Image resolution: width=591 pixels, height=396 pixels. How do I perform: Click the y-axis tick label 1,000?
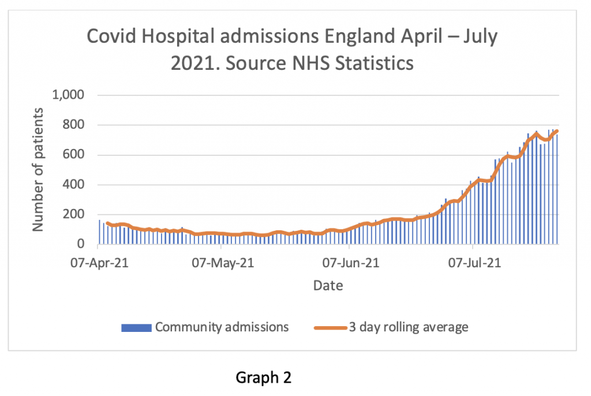pyautogui.click(x=68, y=95)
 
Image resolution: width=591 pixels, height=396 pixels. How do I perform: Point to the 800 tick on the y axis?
pyautogui.click(x=73, y=125)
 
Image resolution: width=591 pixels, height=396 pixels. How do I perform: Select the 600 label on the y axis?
pyautogui.click(x=73, y=155)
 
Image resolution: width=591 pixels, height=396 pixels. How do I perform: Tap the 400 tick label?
pyautogui.click(x=73, y=185)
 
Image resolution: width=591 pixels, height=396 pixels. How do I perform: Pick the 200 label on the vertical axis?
pyautogui.click(x=73, y=215)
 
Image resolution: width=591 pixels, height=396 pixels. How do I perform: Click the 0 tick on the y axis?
pyautogui.click(x=81, y=245)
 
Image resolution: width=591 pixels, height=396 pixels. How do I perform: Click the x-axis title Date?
pyautogui.click(x=328, y=285)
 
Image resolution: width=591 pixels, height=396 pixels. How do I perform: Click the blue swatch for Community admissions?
pyautogui.click(x=136, y=327)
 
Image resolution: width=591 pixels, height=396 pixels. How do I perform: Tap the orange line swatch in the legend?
pyautogui.click(x=330, y=327)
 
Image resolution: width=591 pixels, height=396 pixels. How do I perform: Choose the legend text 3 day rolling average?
pyautogui.click(x=407, y=327)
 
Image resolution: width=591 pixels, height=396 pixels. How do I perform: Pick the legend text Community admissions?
pyautogui.click(x=222, y=327)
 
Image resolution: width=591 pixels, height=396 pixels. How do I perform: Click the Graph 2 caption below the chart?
pyautogui.click(x=264, y=378)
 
